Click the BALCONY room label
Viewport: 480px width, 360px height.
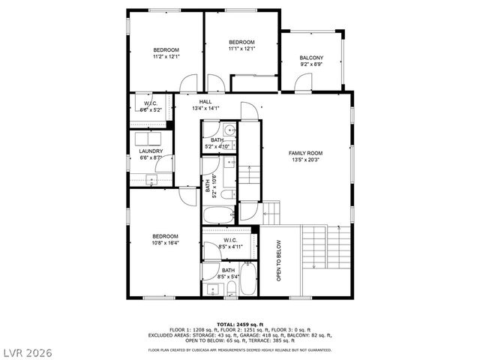tap(311, 58)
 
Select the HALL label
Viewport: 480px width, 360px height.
tap(205, 101)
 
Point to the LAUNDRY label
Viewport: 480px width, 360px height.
tap(151, 151)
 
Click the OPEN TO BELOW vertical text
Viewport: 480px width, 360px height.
tap(279, 260)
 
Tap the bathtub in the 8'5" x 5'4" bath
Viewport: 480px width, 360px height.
tap(248, 280)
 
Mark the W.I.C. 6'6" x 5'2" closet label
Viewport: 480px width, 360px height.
tap(151, 106)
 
